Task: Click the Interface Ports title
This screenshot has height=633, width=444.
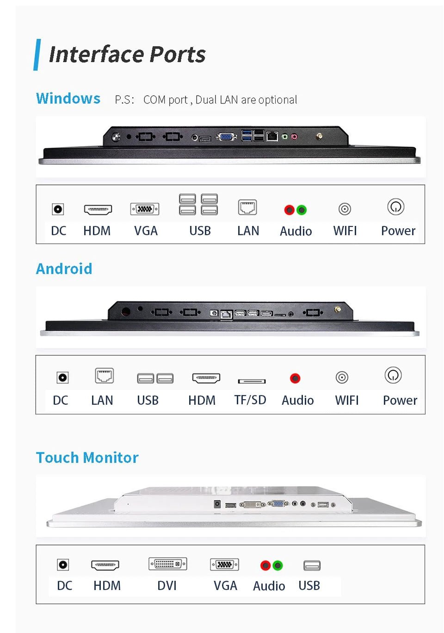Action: click(127, 55)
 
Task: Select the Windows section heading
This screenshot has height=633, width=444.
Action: click(68, 98)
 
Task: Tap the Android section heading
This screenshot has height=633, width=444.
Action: click(64, 269)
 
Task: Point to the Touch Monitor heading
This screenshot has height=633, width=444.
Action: click(87, 457)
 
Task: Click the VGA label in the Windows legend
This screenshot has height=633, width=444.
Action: click(146, 231)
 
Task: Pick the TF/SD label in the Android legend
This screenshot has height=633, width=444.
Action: click(250, 400)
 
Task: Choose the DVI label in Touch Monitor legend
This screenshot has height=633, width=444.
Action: click(167, 585)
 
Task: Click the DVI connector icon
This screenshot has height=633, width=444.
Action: click(167, 564)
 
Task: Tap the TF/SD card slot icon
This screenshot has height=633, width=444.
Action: click(252, 381)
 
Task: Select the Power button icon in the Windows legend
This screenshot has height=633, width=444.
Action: click(396, 207)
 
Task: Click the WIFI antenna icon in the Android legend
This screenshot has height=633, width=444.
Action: click(342, 377)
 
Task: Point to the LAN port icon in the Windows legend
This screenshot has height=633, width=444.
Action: click(247, 207)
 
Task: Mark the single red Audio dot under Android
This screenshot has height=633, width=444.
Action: click(295, 378)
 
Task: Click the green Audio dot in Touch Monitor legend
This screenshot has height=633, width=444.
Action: click(277, 565)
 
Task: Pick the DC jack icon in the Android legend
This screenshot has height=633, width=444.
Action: click(62, 377)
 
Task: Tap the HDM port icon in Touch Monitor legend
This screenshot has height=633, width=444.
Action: click(105, 565)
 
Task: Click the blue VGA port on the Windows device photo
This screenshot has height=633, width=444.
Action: click(226, 136)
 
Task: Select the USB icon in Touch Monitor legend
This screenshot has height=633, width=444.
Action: click(312, 565)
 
